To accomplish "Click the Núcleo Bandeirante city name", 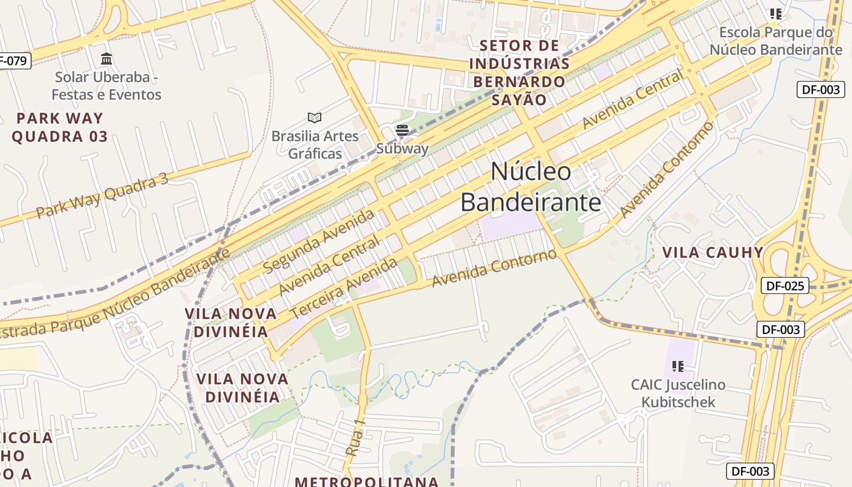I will click(x=531, y=186).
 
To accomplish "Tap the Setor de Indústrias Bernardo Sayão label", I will click(x=519, y=72).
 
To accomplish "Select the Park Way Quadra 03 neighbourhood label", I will click(x=59, y=127).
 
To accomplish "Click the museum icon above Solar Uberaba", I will click(x=106, y=59).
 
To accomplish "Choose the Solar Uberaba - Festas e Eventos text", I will click(x=106, y=86).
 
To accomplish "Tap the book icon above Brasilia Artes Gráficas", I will click(x=315, y=117).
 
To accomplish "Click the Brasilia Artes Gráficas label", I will click(x=315, y=144).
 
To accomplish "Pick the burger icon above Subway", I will click(x=402, y=130).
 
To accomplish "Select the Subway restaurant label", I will click(x=402, y=149).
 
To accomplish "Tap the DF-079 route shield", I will click(x=12, y=60).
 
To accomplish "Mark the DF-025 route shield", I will click(x=784, y=286).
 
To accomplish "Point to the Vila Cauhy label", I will click(x=712, y=253).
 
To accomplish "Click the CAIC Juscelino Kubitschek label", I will click(x=678, y=393).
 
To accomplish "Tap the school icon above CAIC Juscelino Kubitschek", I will click(x=678, y=366).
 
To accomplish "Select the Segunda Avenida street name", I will click(x=318, y=241).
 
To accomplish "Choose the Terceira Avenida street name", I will click(x=344, y=288).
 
